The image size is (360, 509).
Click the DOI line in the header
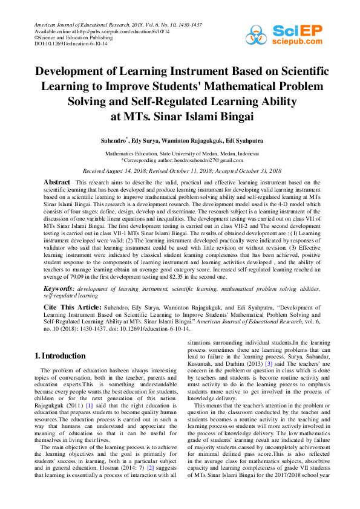tap(63, 44)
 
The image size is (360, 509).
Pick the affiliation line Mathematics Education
tap(180, 154)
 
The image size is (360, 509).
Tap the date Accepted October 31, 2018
tap(244, 172)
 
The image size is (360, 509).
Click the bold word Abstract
tap(57, 182)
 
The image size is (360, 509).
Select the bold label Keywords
tap(58, 290)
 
